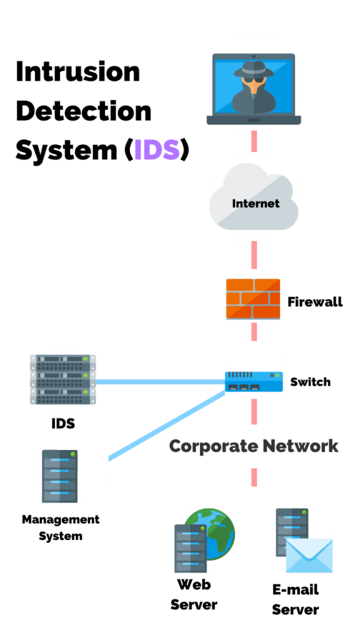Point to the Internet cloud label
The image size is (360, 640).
point(256,203)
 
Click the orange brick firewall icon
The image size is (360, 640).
point(253,299)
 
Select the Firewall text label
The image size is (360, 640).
point(315,302)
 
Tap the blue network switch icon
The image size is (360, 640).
point(254,381)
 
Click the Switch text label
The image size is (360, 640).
point(310,381)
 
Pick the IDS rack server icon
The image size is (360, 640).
point(63,379)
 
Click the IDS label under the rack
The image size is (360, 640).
point(63,423)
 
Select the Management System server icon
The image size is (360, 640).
point(60,476)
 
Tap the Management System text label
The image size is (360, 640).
point(61,527)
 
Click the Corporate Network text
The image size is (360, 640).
point(254,446)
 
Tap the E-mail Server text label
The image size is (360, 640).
point(296,599)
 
